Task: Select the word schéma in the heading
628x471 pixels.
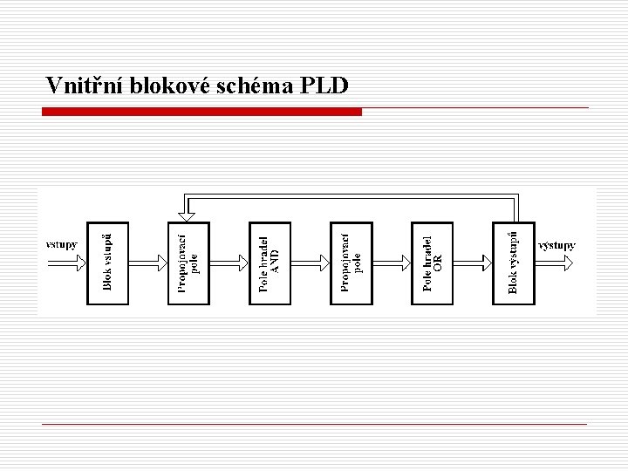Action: tap(255, 86)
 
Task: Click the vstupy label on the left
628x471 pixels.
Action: tap(61, 245)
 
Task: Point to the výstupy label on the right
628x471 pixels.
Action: tap(556, 245)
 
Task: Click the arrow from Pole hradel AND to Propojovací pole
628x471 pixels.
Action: tap(310, 260)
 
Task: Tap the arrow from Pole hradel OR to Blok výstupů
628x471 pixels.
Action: tap(472, 260)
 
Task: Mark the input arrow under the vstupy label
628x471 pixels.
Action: tap(65, 260)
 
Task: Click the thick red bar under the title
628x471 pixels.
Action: tap(202, 112)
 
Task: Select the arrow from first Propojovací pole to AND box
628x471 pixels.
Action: tap(229, 260)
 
